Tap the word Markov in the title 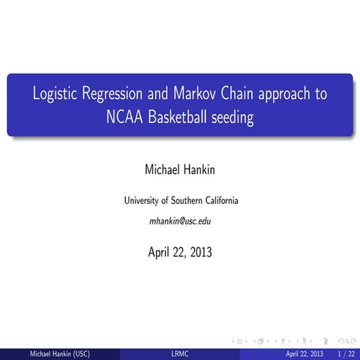pyautogui.click(x=199, y=95)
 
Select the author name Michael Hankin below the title pyautogui.click(x=180, y=171)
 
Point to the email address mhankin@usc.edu pyautogui.click(x=180, y=222)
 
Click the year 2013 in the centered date pyautogui.click(x=200, y=252)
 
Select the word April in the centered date pyautogui.click(x=160, y=252)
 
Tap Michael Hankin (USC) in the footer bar pyautogui.click(x=58, y=353)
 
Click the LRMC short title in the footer pyautogui.click(x=179, y=353)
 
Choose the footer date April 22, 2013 pyautogui.click(x=304, y=353)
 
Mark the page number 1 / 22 pyautogui.click(x=346, y=353)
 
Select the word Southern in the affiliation pyautogui.click(x=184, y=201)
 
